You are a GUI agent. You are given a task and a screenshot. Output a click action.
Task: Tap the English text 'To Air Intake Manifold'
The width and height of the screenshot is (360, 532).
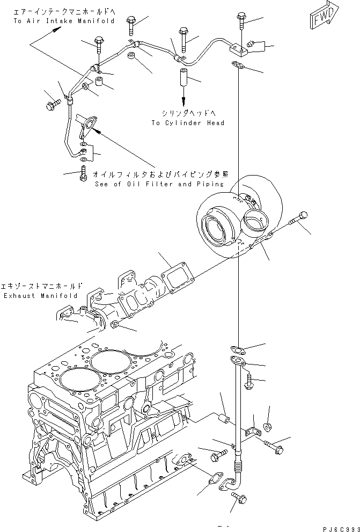(x=64, y=21)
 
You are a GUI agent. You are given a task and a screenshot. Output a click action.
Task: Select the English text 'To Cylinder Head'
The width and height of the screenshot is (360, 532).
(x=187, y=123)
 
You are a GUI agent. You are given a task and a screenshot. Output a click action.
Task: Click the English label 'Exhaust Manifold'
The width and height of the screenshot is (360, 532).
(x=40, y=296)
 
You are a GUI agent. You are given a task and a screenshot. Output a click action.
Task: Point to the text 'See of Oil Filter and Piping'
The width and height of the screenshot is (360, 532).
(x=158, y=184)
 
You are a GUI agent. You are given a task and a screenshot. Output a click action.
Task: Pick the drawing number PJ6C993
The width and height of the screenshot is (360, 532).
(x=338, y=528)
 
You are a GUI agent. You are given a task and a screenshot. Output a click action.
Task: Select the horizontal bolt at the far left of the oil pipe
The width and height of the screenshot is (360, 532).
(x=53, y=106)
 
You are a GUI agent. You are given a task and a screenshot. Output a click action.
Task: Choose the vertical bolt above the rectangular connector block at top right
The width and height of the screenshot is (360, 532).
(x=239, y=23)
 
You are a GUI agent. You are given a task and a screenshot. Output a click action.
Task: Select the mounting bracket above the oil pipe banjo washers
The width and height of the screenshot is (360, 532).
(x=85, y=125)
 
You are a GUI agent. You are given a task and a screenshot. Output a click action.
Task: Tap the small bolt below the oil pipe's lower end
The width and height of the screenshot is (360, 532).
(x=83, y=173)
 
